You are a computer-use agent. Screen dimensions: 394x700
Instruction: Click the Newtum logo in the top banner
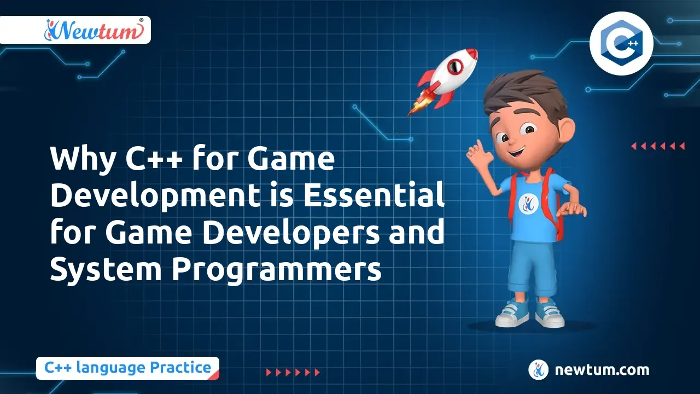[x=94, y=30]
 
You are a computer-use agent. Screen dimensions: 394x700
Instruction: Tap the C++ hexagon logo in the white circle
[x=622, y=43]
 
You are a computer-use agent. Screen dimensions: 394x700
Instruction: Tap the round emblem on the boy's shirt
[x=528, y=203]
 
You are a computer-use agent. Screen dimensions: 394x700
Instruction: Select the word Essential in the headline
[x=374, y=195]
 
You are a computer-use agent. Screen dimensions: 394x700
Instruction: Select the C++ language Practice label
[x=127, y=368]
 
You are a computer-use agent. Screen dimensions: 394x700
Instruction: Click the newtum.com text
[x=602, y=370]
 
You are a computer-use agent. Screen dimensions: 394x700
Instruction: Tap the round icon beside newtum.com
[x=538, y=370]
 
